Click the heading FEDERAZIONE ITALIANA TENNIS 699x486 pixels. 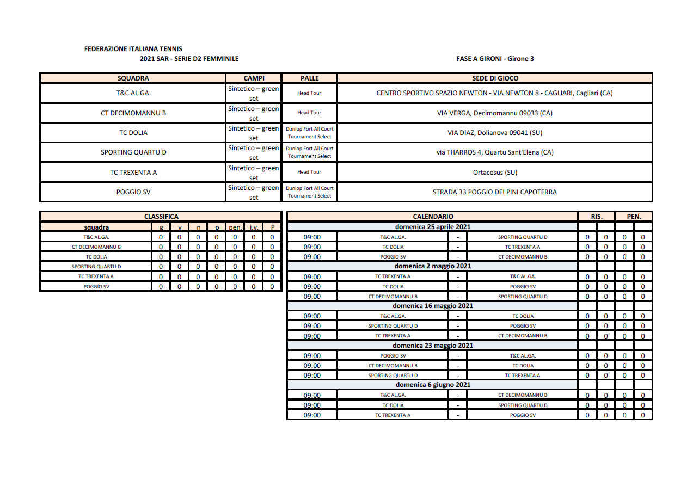pyautogui.click(x=133, y=49)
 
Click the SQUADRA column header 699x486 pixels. pyautogui.click(x=133, y=78)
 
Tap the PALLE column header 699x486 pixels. pyautogui.click(x=309, y=78)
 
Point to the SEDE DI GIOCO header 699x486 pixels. pyautogui.click(x=495, y=78)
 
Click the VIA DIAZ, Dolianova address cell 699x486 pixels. pyautogui.click(x=494, y=132)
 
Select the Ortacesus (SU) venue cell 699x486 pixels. pyautogui.click(x=494, y=173)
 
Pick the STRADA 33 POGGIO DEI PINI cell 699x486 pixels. pyautogui.click(x=494, y=192)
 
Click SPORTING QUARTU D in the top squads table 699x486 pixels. pyautogui.click(x=133, y=152)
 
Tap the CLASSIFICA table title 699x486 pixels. pyautogui.click(x=161, y=217)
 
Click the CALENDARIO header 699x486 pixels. pyautogui.click(x=433, y=217)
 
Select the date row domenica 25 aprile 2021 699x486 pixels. pyautogui.click(x=433, y=227)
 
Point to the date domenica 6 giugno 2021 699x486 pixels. pyautogui.click(x=433, y=385)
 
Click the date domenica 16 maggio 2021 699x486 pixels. pyautogui.click(x=433, y=306)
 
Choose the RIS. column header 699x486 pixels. pyautogui.click(x=597, y=217)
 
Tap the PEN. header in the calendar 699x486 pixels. pyautogui.click(x=634, y=217)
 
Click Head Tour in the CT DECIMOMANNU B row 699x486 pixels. pyautogui.click(x=309, y=113)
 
